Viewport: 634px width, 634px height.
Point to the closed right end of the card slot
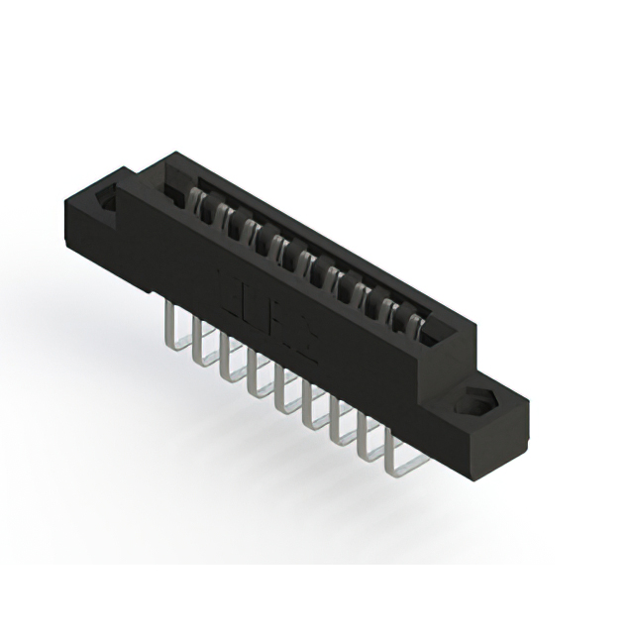pyautogui.click(x=436, y=332)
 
